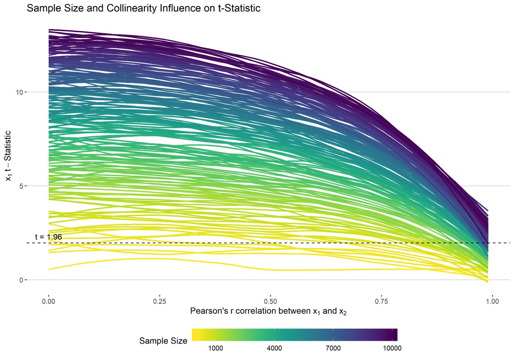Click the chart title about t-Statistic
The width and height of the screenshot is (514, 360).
pyautogui.click(x=143, y=9)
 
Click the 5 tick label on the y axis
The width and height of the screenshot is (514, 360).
pyautogui.click(x=20, y=186)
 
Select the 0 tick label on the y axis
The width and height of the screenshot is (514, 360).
pyautogui.click(x=20, y=280)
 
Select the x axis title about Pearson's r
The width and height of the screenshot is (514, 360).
pyautogui.click(x=268, y=312)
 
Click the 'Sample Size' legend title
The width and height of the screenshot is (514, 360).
pyautogui.click(x=163, y=341)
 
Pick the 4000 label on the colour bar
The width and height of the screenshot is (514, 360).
pyautogui.click(x=274, y=348)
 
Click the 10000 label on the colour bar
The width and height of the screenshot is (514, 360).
pyautogui.click(x=391, y=348)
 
